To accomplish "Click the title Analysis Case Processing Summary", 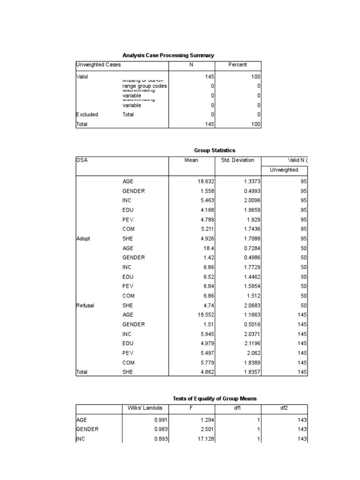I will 168,55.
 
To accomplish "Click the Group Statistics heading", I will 215,150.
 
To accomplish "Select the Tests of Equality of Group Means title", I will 215,398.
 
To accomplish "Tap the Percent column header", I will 238,65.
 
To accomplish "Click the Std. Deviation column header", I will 238,160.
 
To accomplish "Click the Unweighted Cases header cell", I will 98,65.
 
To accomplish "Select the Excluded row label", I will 87,114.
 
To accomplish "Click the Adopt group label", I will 83,239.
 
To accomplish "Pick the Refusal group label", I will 85,306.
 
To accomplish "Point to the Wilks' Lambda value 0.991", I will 160,420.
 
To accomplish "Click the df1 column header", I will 238,408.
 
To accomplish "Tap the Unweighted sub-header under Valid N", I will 284,170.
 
